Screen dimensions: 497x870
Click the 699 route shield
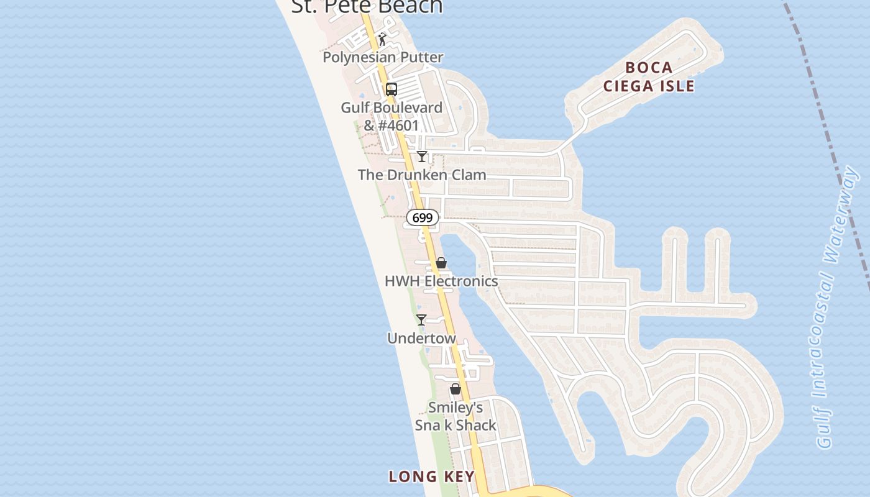[x=423, y=218]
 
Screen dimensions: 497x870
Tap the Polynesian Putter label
[x=383, y=57]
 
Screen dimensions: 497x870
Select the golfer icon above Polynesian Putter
[x=382, y=39]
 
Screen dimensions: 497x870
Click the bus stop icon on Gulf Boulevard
[x=391, y=89]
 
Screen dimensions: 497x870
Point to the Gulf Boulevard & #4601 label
[x=391, y=116]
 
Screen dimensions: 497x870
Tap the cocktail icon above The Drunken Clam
[x=422, y=156]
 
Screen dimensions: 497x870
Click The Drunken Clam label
[x=422, y=175]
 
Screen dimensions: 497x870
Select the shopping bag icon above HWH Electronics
[x=441, y=263]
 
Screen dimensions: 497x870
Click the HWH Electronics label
[x=441, y=281]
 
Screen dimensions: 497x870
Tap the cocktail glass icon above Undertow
[x=421, y=320]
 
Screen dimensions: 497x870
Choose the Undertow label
[x=421, y=338]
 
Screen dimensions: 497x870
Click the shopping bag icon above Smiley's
[x=456, y=389]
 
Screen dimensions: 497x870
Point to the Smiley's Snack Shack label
[x=456, y=416]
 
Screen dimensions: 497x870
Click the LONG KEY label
[x=431, y=476]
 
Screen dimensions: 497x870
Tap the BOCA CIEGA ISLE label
[x=649, y=76]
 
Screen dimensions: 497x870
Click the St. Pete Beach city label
[x=367, y=6]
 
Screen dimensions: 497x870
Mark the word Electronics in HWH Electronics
[x=461, y=281]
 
